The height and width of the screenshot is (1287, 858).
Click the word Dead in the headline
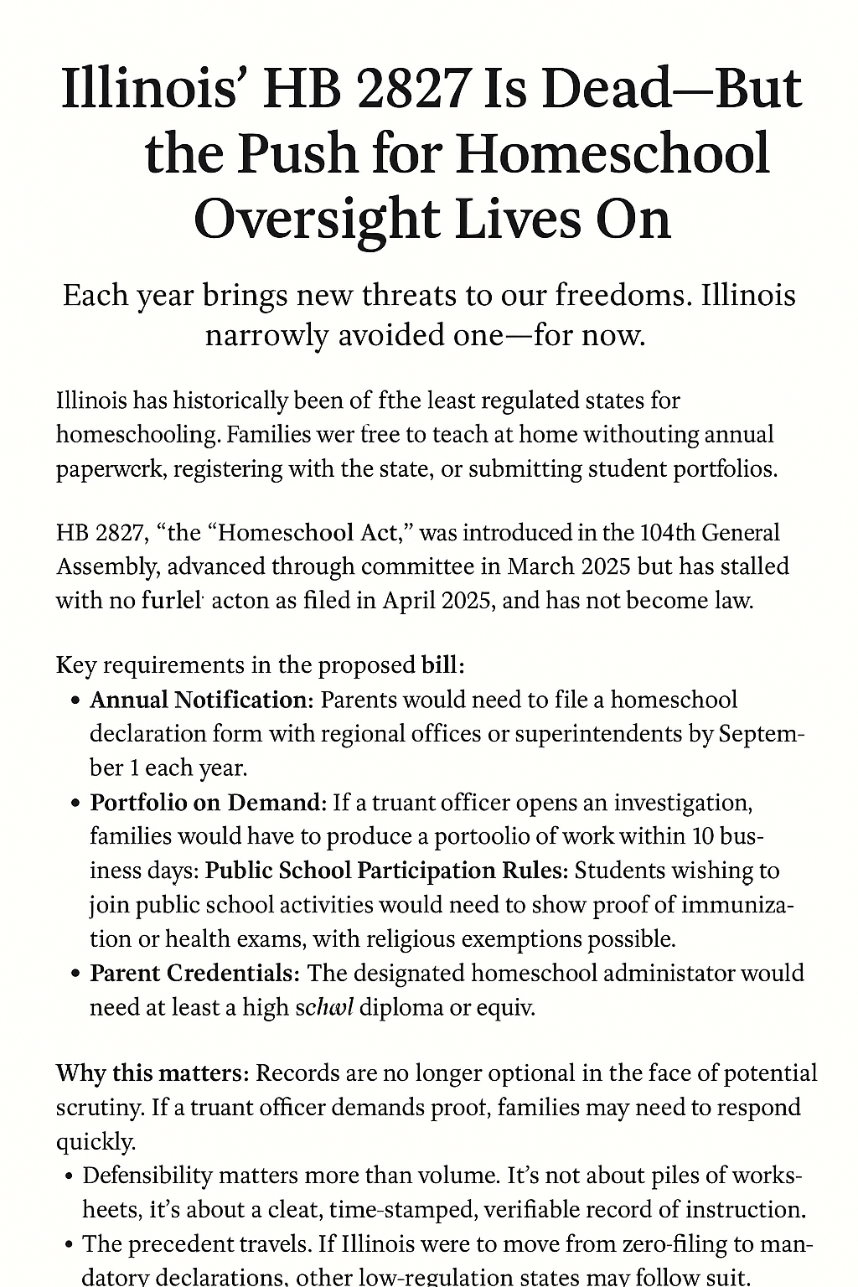[x=587, y=89]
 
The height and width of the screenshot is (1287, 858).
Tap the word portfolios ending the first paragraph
[x=726, y=469]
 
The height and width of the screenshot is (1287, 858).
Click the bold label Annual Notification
[x=199, y=700]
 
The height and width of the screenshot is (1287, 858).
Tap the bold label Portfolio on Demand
[x=206, y=802]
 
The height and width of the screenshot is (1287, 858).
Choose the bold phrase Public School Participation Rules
[x=386, y=871]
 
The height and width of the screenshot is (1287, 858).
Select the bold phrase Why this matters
[x=151, y=1073]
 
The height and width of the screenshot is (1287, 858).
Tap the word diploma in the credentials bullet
[x=404, y=1007]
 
